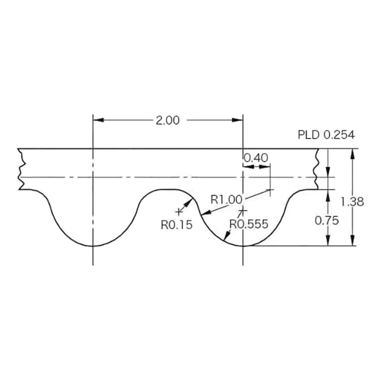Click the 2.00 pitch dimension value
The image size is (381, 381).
click(167, 120)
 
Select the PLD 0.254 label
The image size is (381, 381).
click(326, 135)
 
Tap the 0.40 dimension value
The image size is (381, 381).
click(256, 157)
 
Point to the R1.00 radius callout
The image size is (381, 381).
click(226, 199)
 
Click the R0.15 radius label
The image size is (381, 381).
click(176, 225)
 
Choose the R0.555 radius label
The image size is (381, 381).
click(248, 224)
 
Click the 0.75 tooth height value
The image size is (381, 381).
click(327, 221)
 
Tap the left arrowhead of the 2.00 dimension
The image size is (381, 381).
click(98, 120)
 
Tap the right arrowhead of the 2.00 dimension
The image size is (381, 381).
click(238, 120)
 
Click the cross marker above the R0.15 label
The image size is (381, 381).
click(178, 211)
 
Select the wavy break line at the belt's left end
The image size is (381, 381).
click(21, 169)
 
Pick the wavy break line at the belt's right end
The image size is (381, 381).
click(316, 169)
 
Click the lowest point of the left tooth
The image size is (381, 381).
click(93, 246)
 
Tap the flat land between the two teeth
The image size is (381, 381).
click(164, 189)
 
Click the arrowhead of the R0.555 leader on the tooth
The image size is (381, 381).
click(226, 239)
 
